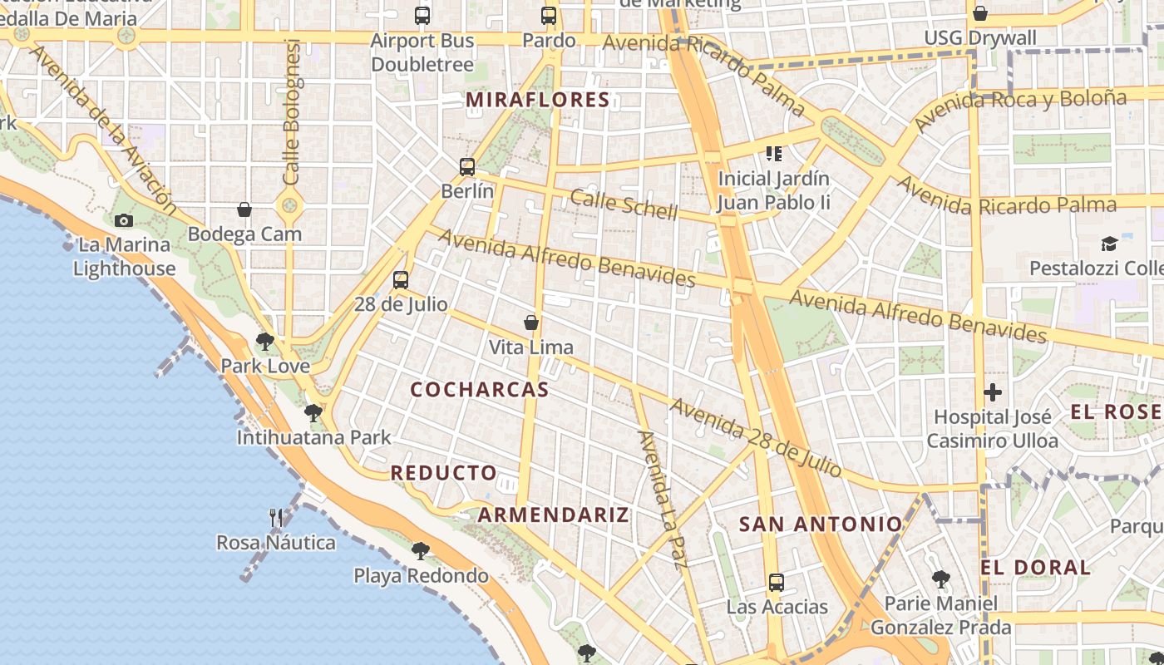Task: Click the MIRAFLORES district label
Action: click(538, 101)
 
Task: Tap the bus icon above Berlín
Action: click(467, 167)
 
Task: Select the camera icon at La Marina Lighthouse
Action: click(124, 220)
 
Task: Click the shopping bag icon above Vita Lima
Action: click(531, 323)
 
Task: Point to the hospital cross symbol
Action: click(993, 392)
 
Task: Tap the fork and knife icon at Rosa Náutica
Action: click(276, 518)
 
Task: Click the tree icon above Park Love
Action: click(265, 341)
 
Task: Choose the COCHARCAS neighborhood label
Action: click(480, 389)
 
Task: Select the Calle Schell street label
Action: click(624, 204)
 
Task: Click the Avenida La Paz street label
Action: click(663, 499)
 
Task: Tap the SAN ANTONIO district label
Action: click(821, 524)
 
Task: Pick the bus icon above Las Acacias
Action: click(777, 582)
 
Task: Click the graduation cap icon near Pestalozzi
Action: click(1109, 244)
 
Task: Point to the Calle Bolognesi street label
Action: click(291, 112)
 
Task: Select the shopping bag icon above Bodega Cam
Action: click(244, 209)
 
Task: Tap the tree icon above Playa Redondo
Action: click(421, 550)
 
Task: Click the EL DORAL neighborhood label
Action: click(1035, 568)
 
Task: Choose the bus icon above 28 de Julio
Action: click(401, 279)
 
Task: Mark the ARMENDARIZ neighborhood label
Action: click(553, 515)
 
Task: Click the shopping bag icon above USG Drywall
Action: click(980, 13)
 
